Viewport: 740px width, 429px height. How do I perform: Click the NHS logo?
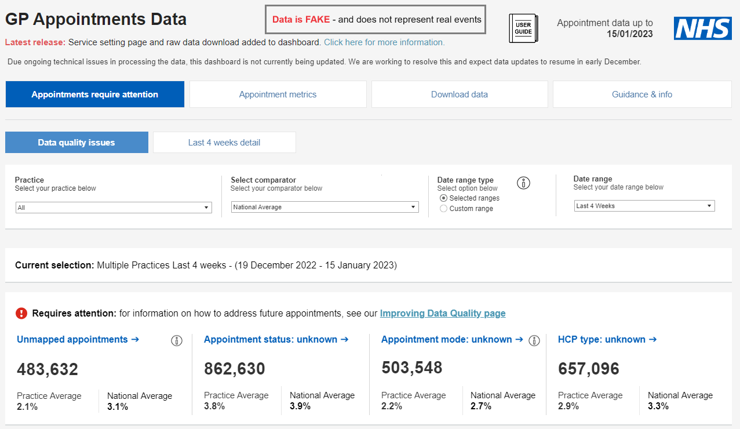[x=702, y=28]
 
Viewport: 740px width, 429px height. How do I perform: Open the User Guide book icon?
[x=523, y=28]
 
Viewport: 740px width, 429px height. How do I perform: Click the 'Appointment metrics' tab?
[x=278, y=94]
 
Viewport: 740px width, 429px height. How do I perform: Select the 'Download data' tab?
[x=459, y=94]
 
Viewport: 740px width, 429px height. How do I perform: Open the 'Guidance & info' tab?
[x=642, y=94]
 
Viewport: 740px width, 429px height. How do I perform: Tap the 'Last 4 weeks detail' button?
[x=224, y=143]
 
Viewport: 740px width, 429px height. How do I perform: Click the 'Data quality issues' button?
[x=76, y=143]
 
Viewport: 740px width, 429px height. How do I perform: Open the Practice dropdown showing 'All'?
[x=114, y=208]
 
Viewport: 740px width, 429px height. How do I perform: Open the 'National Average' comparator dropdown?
[x=325, y=207]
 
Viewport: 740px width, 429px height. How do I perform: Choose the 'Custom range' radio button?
[x=444, y=209]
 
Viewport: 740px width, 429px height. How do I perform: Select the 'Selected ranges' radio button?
[x=444, y=198]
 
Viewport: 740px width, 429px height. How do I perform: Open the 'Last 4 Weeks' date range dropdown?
[x=644, y=206]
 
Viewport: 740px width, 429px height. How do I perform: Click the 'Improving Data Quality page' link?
[x=443, y=314]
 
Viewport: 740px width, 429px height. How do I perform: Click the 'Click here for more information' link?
[x=384, y=42]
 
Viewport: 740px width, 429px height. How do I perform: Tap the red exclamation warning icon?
[x=21, y=314]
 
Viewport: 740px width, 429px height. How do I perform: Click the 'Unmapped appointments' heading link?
[x=78, y=340]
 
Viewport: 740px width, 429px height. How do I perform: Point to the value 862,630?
[x=235, y=369]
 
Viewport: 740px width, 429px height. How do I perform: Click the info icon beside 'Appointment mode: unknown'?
[x=535, y=340]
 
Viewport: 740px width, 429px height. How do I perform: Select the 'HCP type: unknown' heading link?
[x=607, y=340]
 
